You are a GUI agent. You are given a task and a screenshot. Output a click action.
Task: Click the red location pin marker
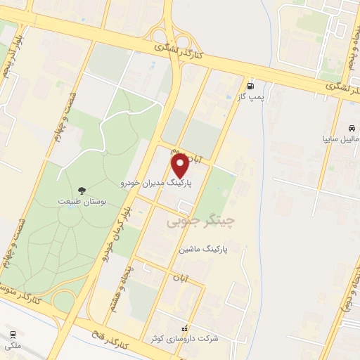click(181, 167)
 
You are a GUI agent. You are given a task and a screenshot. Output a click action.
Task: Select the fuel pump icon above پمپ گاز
click(251, 86)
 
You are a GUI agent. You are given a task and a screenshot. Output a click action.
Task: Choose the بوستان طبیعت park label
click(82, 201)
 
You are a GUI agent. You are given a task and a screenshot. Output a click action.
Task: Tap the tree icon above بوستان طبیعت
click(82, 190)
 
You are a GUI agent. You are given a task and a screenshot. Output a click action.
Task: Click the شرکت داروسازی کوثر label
click(184, 338)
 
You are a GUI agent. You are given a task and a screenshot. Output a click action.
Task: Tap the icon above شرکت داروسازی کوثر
click(184, 327)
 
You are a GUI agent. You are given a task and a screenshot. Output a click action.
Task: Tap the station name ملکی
click(13, 345)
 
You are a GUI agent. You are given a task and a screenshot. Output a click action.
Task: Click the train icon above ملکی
click(12, 335)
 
